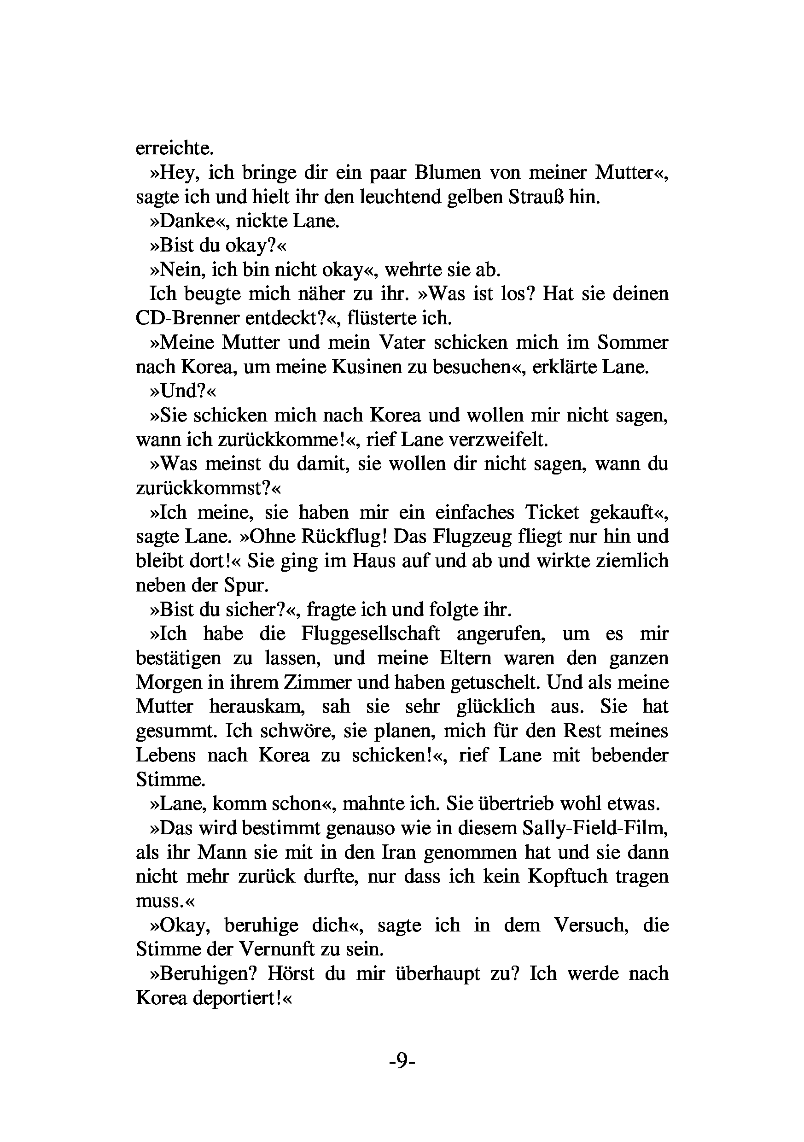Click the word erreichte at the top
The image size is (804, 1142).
(x=175, y=148)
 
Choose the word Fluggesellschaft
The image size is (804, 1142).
(x=370, y=634)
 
